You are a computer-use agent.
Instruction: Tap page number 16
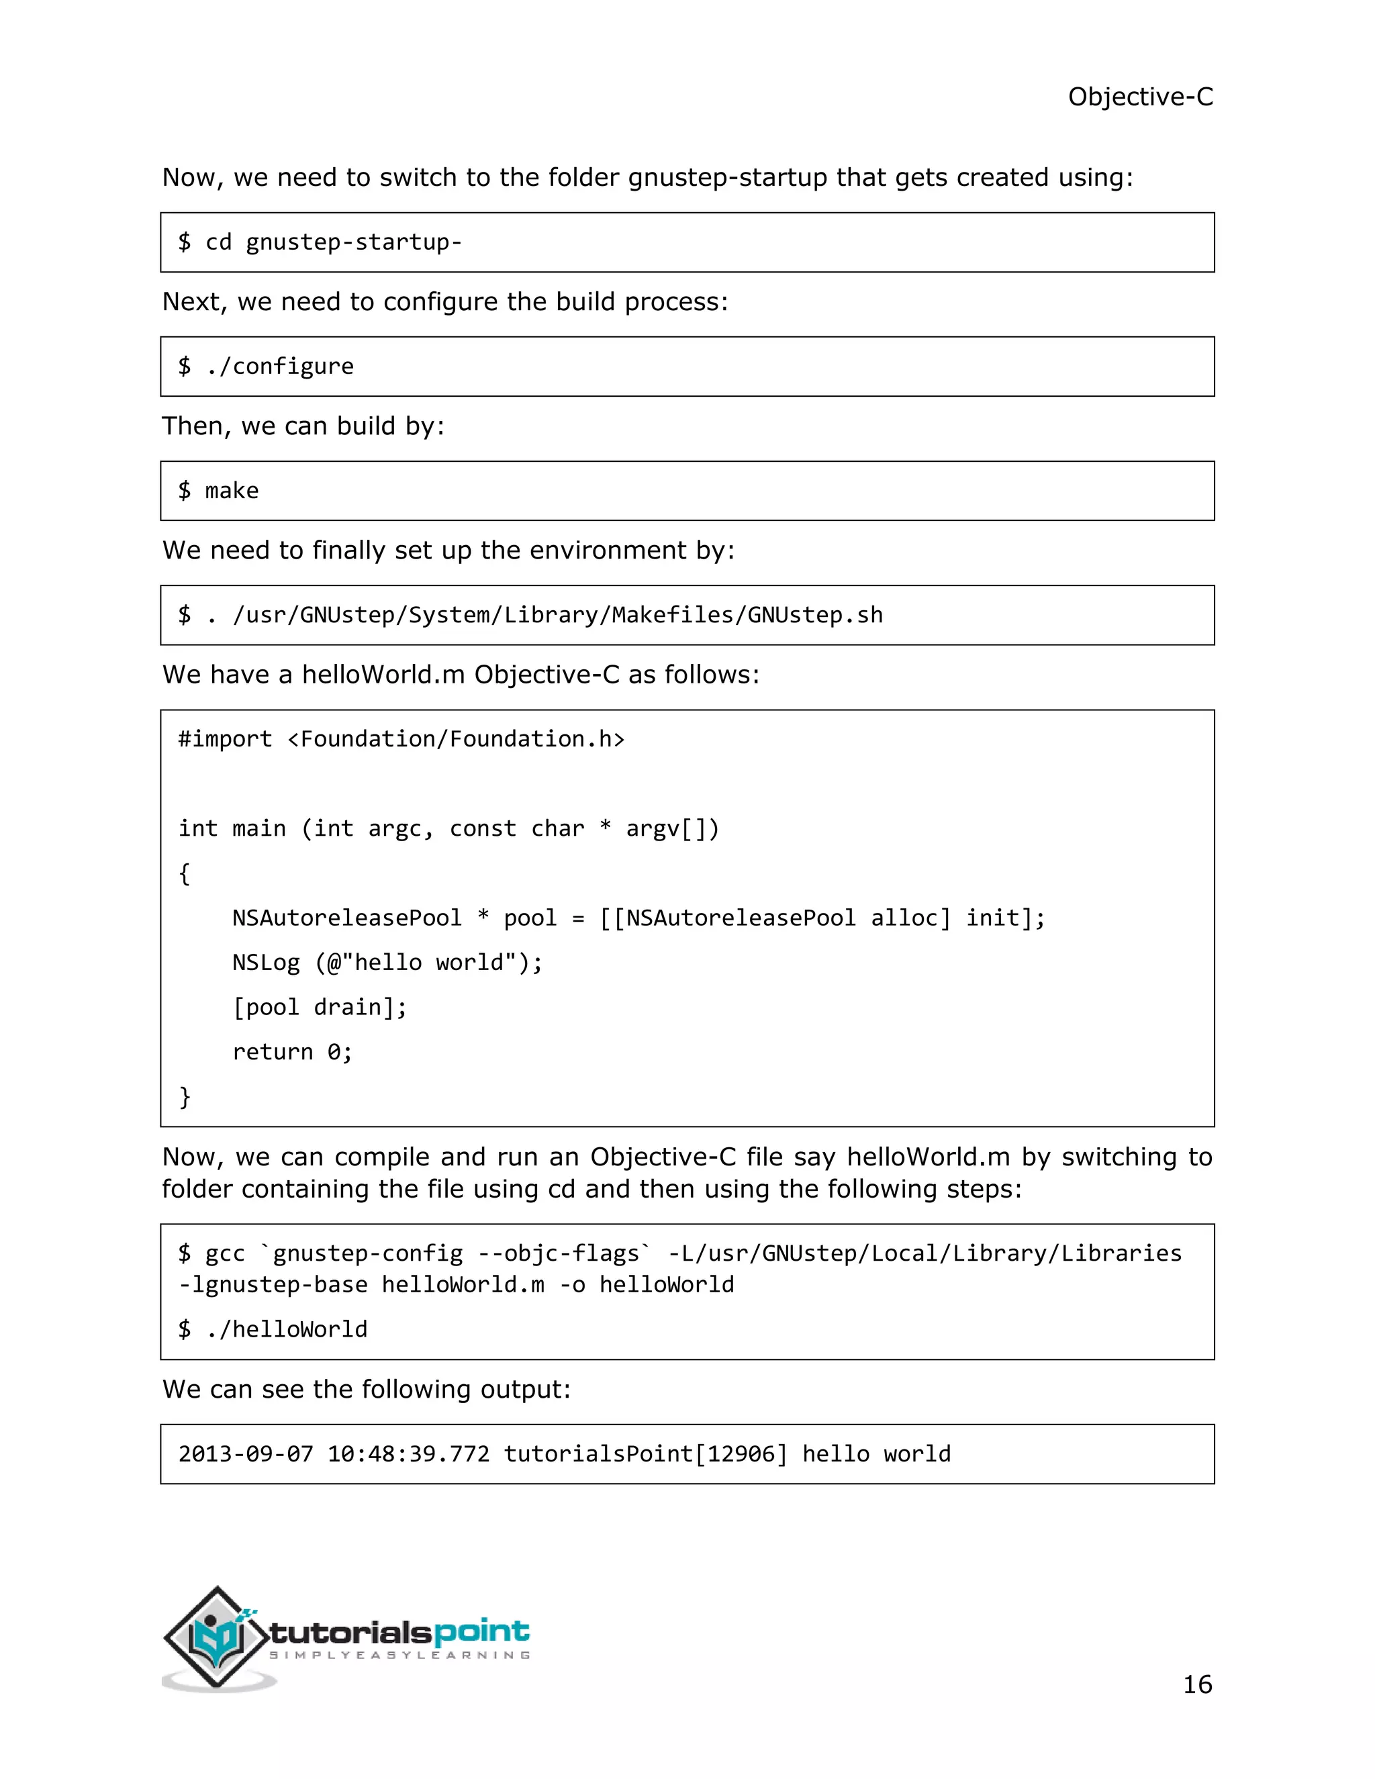pyautogui.click(x=1196, y=1684)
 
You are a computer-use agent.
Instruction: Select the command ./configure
pyautogui.click(x=280, y=367)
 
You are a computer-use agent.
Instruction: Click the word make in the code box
pyautogui.click(x=232, y=490)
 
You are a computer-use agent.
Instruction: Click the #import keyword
pyautogui.click(x=225, y=739)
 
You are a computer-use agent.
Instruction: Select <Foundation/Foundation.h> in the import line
pyautogui.click(x=456, y=739)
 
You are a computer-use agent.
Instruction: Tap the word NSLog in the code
pyautogui.click(x=266, y=962)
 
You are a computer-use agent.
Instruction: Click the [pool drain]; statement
pyautogui.click(x=320, y=1007)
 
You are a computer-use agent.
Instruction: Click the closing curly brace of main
pyautogui.click(x=185, y=1096)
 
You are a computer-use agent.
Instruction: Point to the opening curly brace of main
pyautogui.click(x=185, y=873)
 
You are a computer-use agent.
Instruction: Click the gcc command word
pyautogui.click(x=225, y=1253)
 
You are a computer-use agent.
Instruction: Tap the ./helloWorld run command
pyautogui.click(x=286, y=1329)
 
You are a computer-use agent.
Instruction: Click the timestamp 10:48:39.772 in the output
pyautogui.click(x=408, y=1454)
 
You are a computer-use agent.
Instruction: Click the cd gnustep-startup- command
pyautogui.click(x=333, y=242)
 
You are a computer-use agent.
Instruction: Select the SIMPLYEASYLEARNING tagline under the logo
pyautogui.click(x=399, y=1655)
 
